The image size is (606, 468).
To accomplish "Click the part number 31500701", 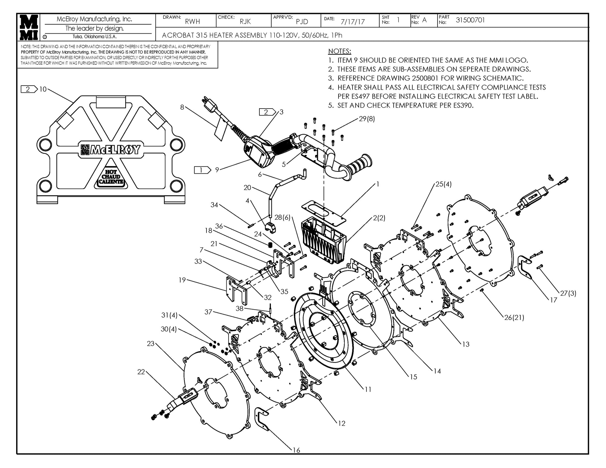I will click(x=470, y=20).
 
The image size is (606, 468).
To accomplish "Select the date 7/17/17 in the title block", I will click(x=353, y=22).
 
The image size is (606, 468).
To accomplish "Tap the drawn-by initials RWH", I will click(x=192, y=21).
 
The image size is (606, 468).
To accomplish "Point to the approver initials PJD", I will click(x=302, y=21).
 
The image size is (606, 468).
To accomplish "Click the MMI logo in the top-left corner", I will click(x=29, y=27).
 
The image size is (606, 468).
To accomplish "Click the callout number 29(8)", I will click(x=367, y=119).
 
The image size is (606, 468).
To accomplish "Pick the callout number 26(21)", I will click(x=514, y=317).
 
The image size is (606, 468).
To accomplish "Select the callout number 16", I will click(x=296, y=450).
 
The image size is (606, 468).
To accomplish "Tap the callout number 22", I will click(x=141, y=372).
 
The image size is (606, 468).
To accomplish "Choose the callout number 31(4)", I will click(x=169, y=315).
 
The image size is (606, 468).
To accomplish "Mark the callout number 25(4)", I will click(x=443, y=184).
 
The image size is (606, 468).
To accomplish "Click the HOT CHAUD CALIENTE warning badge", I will click(x=111, y=177).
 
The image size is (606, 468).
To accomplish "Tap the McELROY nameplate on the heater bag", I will click(x=111, y=150).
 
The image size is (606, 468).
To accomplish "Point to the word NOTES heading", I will click(x=339, y=51).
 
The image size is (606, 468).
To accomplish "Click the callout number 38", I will click(x=239, y=309).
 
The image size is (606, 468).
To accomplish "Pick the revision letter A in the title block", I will click(x=424, y=20).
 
